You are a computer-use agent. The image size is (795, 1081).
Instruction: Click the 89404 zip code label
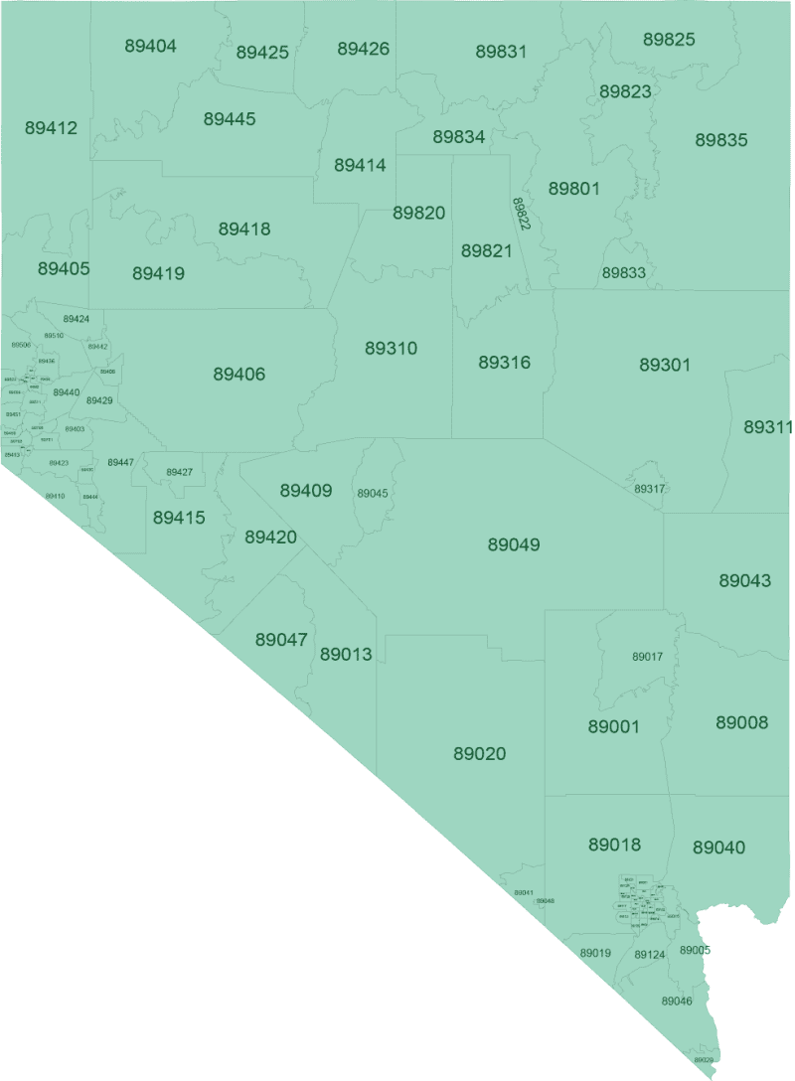(x=151, y=46)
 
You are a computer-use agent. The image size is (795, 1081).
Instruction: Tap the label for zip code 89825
(x=669, y=40)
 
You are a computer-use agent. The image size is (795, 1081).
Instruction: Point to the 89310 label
(x=391, y=349)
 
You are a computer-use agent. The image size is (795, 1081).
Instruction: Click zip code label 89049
(x=514, y=544)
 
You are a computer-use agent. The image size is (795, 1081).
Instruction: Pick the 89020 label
(x=479, y=754)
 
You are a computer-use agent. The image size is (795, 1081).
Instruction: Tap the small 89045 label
(x=373, y=494)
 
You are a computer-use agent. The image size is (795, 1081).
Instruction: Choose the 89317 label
(x=650, y=489)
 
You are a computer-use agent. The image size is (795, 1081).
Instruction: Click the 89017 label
(x=647, y=657)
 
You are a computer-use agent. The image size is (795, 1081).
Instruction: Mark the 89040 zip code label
(x=718, y=848)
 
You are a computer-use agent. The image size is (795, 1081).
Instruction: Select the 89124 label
(x=649, y=955)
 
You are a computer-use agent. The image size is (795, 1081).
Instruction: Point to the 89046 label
(x=676, y=1001)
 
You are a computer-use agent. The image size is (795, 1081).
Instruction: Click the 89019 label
(x=594, y=953)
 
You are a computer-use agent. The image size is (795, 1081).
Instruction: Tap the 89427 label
(x=179, y=472)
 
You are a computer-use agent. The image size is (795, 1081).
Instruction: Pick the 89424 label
(x=76, y=319)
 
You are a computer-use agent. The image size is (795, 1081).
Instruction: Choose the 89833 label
(x=624, y=272)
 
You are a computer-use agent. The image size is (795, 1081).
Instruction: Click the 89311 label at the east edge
(x=768, y=427)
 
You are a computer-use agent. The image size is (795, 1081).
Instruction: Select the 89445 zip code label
(x=230, y=119)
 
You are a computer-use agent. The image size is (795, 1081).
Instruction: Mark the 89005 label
(x=695, y=950)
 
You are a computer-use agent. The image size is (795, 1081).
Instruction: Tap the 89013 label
(x=346, y=655)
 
